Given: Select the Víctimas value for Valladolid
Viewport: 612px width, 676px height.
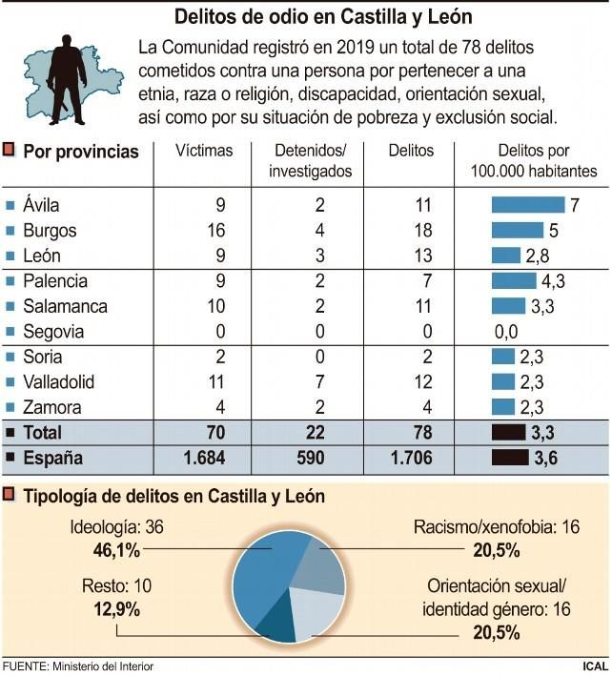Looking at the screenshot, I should [216, 382].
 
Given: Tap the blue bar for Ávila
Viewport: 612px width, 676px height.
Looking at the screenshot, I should [528, 205].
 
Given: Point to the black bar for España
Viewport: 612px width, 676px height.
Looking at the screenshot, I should [521, 458].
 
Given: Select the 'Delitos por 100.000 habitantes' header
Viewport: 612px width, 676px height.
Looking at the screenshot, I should [534, 160].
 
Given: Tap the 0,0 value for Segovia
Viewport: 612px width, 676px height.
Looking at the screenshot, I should [504, 332].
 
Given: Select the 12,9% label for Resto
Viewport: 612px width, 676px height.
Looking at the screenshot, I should [111, 607].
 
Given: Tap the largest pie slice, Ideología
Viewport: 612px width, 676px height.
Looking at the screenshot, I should [262, 577].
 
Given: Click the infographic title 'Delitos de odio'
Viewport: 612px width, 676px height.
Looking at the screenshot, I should [323, 17].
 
